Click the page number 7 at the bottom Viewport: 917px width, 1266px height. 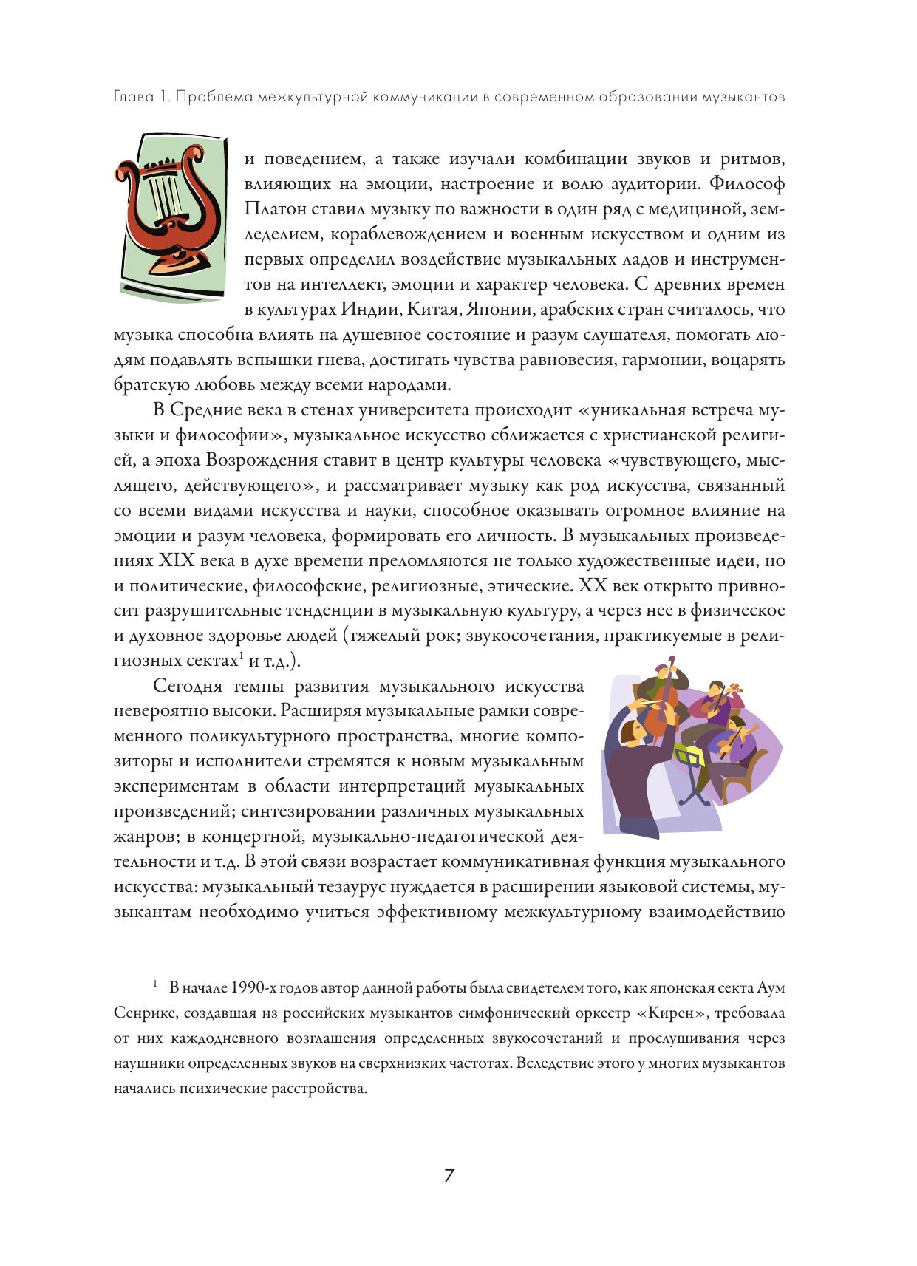pyautogui.click(x=449, y=1176)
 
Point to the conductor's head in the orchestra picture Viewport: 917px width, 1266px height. pyautogui.click(x=628, y=735)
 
